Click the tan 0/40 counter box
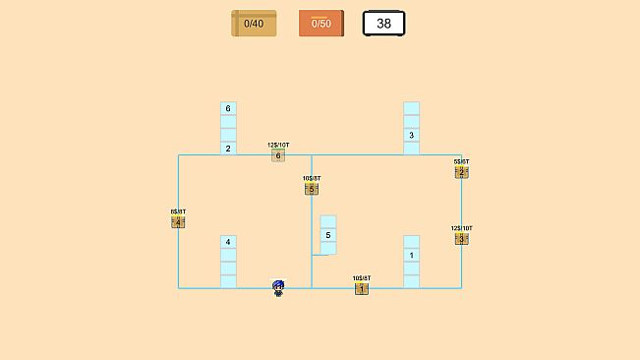(x=254, y=23)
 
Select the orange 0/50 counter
(x=321, y=23)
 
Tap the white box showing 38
(x=383, y=23)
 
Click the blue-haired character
(x=278, y=287)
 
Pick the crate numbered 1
(x=362, y=288)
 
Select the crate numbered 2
(x=461, y=172)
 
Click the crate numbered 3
(x=461, y=238)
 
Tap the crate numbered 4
(x=178, y=222)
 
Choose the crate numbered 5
(x=312, y=189)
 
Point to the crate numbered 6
(x=278, y=155)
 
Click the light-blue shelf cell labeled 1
(x=411, y=255)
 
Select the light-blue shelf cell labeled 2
(x=228, y=149)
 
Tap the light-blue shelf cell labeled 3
(x=411, y=135)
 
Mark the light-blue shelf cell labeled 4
(x=228, y=242)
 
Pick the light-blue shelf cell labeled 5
(x=328, y=235)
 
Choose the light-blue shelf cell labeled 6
(x=228, y=108)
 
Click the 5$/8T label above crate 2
(x=461, y=161)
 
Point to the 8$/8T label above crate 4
(x=178, y=211)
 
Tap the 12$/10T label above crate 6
(x=278, y=145)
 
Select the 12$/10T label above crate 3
(x=461, y=228)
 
